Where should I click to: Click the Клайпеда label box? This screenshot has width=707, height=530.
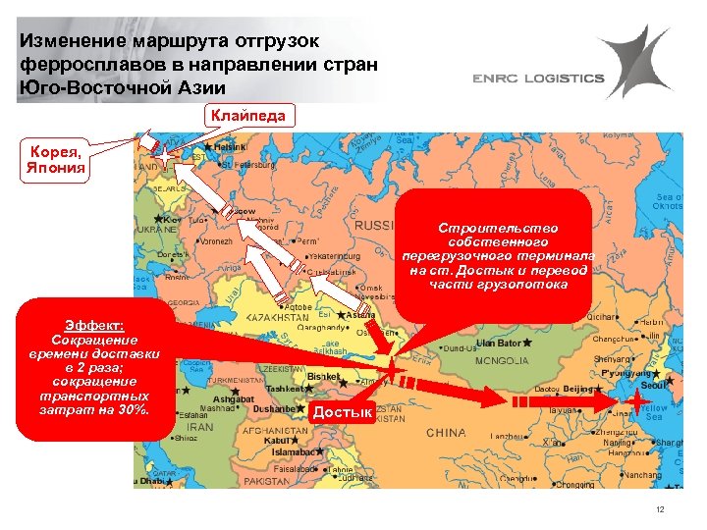pos(245,116)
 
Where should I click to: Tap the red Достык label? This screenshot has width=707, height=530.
pos(342,412)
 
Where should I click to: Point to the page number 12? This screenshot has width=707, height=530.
pos(659,508)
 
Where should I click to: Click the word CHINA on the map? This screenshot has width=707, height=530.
pos(446,432)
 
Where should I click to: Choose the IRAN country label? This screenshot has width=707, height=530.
pos(199,428)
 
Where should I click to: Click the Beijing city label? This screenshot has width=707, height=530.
pos(579,390)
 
